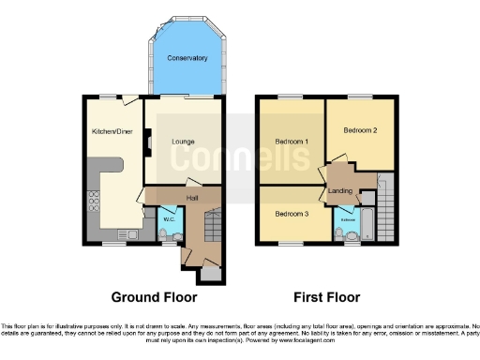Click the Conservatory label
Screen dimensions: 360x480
(x=187, y=59)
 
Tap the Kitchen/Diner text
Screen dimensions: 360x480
(x=111, y=132)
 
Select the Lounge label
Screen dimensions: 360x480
(x=183, y=142)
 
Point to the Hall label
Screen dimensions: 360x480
(x=191, y=198)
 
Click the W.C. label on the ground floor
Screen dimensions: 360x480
(x=169, y=220)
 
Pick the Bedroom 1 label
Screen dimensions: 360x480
(x=292, y=142)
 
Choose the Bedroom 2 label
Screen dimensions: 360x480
(x=360, y=130)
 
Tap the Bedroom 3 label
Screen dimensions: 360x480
(x=292, y=214)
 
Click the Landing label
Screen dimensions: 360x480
(x=339, y=191)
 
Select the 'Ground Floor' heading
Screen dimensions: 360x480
(x=155, y=298)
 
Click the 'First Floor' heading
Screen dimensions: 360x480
(x=327, y=298)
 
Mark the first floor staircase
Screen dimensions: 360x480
(x=384, y=202)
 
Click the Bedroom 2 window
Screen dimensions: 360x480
(x=360, y=97)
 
